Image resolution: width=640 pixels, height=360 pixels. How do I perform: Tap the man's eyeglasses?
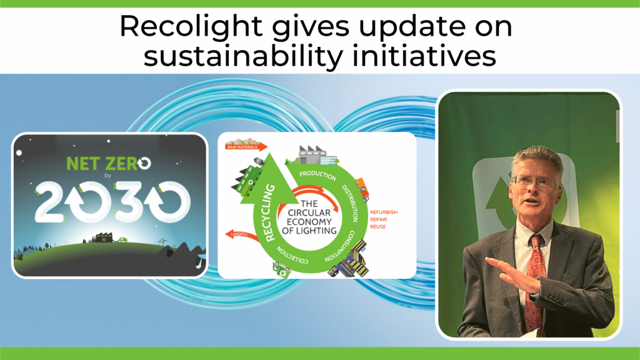(x=531, y=181)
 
